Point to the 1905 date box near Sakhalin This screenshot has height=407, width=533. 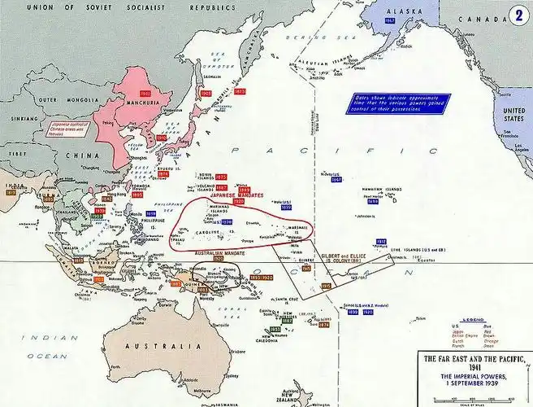[x=206, y=94]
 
